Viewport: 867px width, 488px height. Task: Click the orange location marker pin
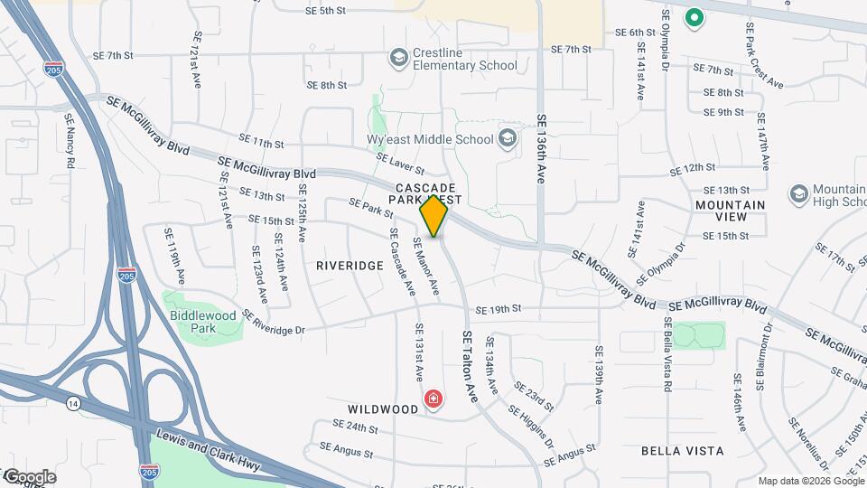434,216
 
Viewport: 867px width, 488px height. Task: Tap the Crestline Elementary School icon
398,59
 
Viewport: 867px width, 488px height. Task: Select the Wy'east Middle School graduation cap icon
508,138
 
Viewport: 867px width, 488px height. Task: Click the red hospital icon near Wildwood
434,399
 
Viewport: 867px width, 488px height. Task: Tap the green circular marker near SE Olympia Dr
694,16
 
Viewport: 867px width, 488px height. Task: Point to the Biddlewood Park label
202,322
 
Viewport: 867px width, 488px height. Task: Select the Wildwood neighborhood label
383,409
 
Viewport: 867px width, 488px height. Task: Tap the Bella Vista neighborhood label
682,450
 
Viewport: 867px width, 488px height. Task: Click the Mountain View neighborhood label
730,211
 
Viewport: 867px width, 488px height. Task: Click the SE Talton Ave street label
470,366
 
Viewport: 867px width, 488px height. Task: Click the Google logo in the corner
30,476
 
